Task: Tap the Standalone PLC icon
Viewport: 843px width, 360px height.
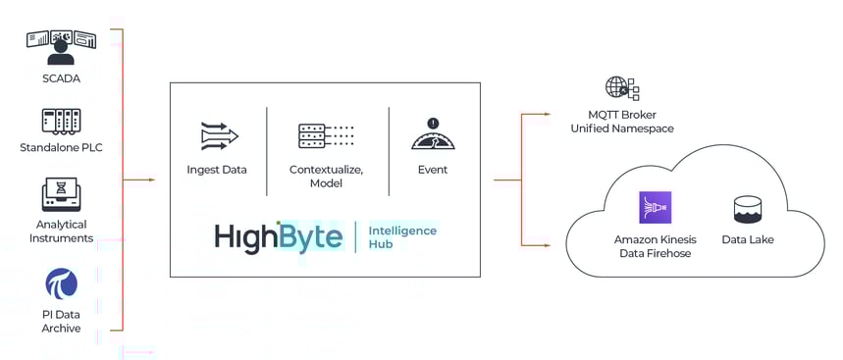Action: (x=61, y=121)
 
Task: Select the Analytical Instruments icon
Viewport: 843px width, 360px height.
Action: (x=61, y=194)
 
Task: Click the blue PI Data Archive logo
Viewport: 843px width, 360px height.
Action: (x=61, y=283)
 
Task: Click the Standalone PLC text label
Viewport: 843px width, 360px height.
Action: (x=61, y=148)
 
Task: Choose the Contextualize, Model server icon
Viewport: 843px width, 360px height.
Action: (x=326, y=135)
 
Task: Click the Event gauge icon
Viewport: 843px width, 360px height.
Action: (x=432, y=134)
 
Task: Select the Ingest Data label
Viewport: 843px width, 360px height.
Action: (x=217, y=170)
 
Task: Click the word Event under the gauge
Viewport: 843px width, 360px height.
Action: (x=432, y=170)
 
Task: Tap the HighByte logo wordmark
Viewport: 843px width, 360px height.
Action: (x=279, y=237)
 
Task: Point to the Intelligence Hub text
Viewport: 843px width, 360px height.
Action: (x=402, y=237)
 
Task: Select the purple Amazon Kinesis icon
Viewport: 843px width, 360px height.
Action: (x=655, y=208)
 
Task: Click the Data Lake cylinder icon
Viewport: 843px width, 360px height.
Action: (x=748, y=209)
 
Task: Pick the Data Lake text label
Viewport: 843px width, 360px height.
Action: (x=748, y=239)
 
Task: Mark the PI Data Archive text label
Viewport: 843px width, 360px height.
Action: (x=61, y=321)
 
